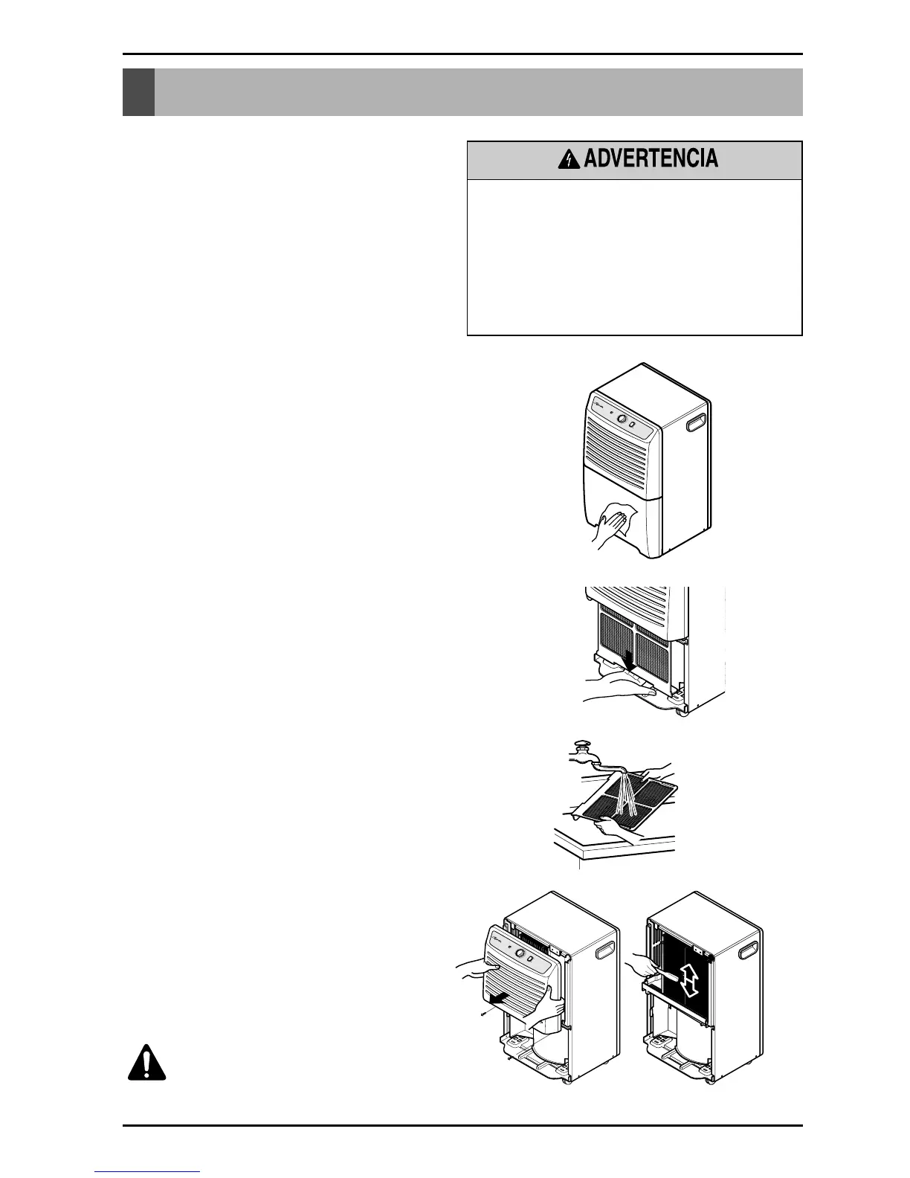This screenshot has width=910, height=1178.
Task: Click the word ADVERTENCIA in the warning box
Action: pyautogui.click(x=651, y=158)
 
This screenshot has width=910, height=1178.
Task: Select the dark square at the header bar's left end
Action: pyautogui.click(x=138, y=92)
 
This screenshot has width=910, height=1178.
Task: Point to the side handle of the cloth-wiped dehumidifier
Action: pyautogui.click(x=697, y=423)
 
